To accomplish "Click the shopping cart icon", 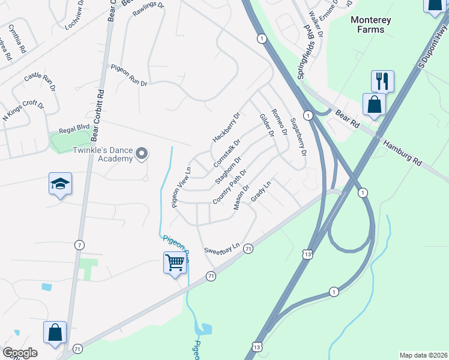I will (x=174, y=262).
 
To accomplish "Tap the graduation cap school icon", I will (x=60, y=184).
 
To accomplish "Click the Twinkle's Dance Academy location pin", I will (x=142, y=154).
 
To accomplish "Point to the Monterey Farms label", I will (x=370, y=25).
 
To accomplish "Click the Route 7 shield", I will (x=79, y=245).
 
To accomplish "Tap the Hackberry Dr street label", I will (x=226, y=127).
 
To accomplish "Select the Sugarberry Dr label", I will (x=298, y=137).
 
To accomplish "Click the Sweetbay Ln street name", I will (x=221, y=247).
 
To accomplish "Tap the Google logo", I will (x=20, y=353).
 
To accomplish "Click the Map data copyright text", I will (x=423, y=355).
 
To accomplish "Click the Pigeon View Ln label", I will (x=181, y=187).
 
